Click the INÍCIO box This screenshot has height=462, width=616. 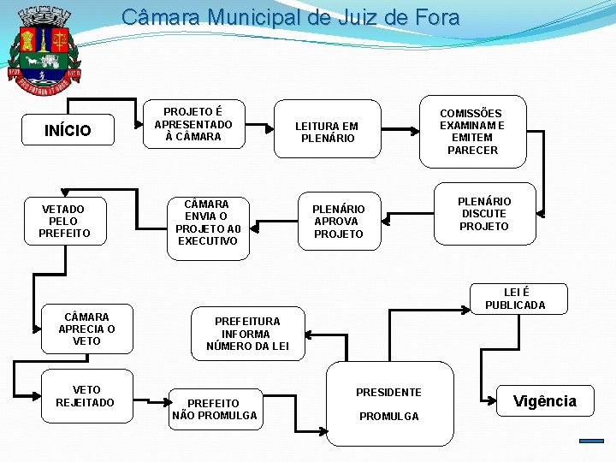pyautogui.click(x=68, y=131)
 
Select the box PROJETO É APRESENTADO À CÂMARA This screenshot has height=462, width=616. pyautogui.click(x=192, y=124)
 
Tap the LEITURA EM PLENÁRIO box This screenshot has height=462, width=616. pyautogui.click(x=326, y=132)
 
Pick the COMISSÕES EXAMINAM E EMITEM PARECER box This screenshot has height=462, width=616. pyautogui.click(x=471, y=131)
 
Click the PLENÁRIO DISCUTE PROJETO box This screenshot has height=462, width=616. pyautogui.click(x=484, y=214)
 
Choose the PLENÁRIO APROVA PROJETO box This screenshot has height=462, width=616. pyautogui.click(x=339, y=222)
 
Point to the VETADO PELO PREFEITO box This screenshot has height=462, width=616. pyautogui.click(x=64, y=221)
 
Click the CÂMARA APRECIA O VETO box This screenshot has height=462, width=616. pyautogui.click(x=86, y=329)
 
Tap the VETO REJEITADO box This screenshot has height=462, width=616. pyautogui.click(x=85, y=396)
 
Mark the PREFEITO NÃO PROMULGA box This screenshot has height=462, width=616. pyautogui.click(x=214, y=409)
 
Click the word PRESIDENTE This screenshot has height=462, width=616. pyautogui.click(x=388, y=393)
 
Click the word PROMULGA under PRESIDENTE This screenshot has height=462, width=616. pyautogui.click(x=388, y=417)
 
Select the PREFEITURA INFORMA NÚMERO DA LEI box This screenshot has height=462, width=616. pyautogui.click(x=247, y=334)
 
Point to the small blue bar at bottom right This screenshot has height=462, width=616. pyautogui.click(x=591, y=441)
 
